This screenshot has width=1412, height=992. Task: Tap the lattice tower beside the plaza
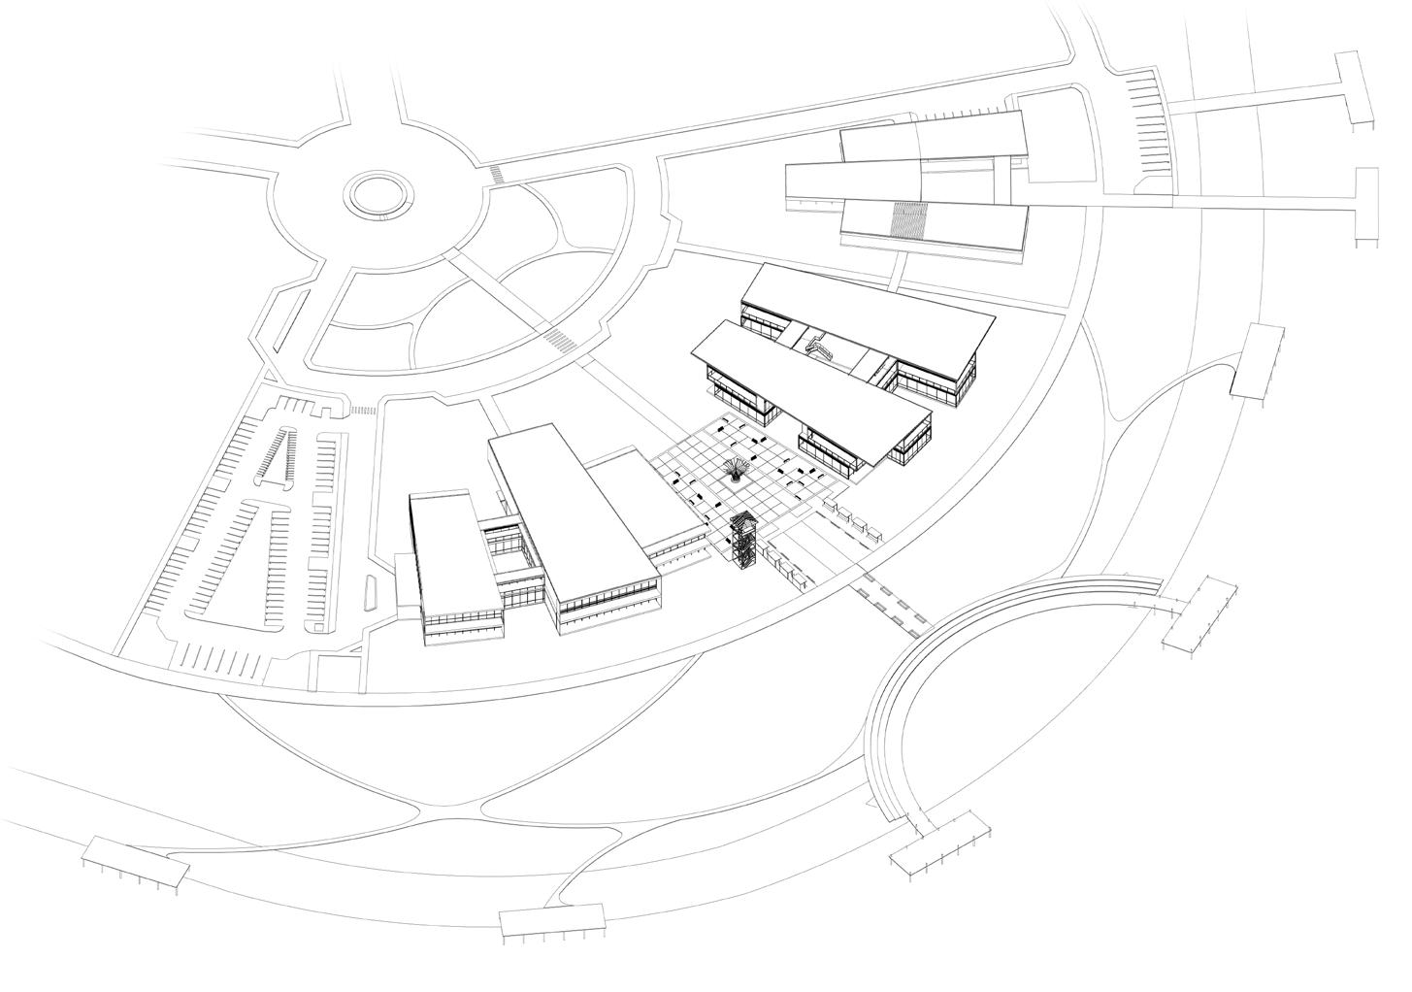point(744,542)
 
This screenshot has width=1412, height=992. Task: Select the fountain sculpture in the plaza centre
point(738,470)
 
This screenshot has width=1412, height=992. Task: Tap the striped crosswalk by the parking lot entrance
point(362,411)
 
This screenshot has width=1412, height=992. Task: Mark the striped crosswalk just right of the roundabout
point(497,176)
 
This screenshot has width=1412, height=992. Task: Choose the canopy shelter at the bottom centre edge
point(551,919)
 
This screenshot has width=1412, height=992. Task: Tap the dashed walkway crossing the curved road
point(888,604)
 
